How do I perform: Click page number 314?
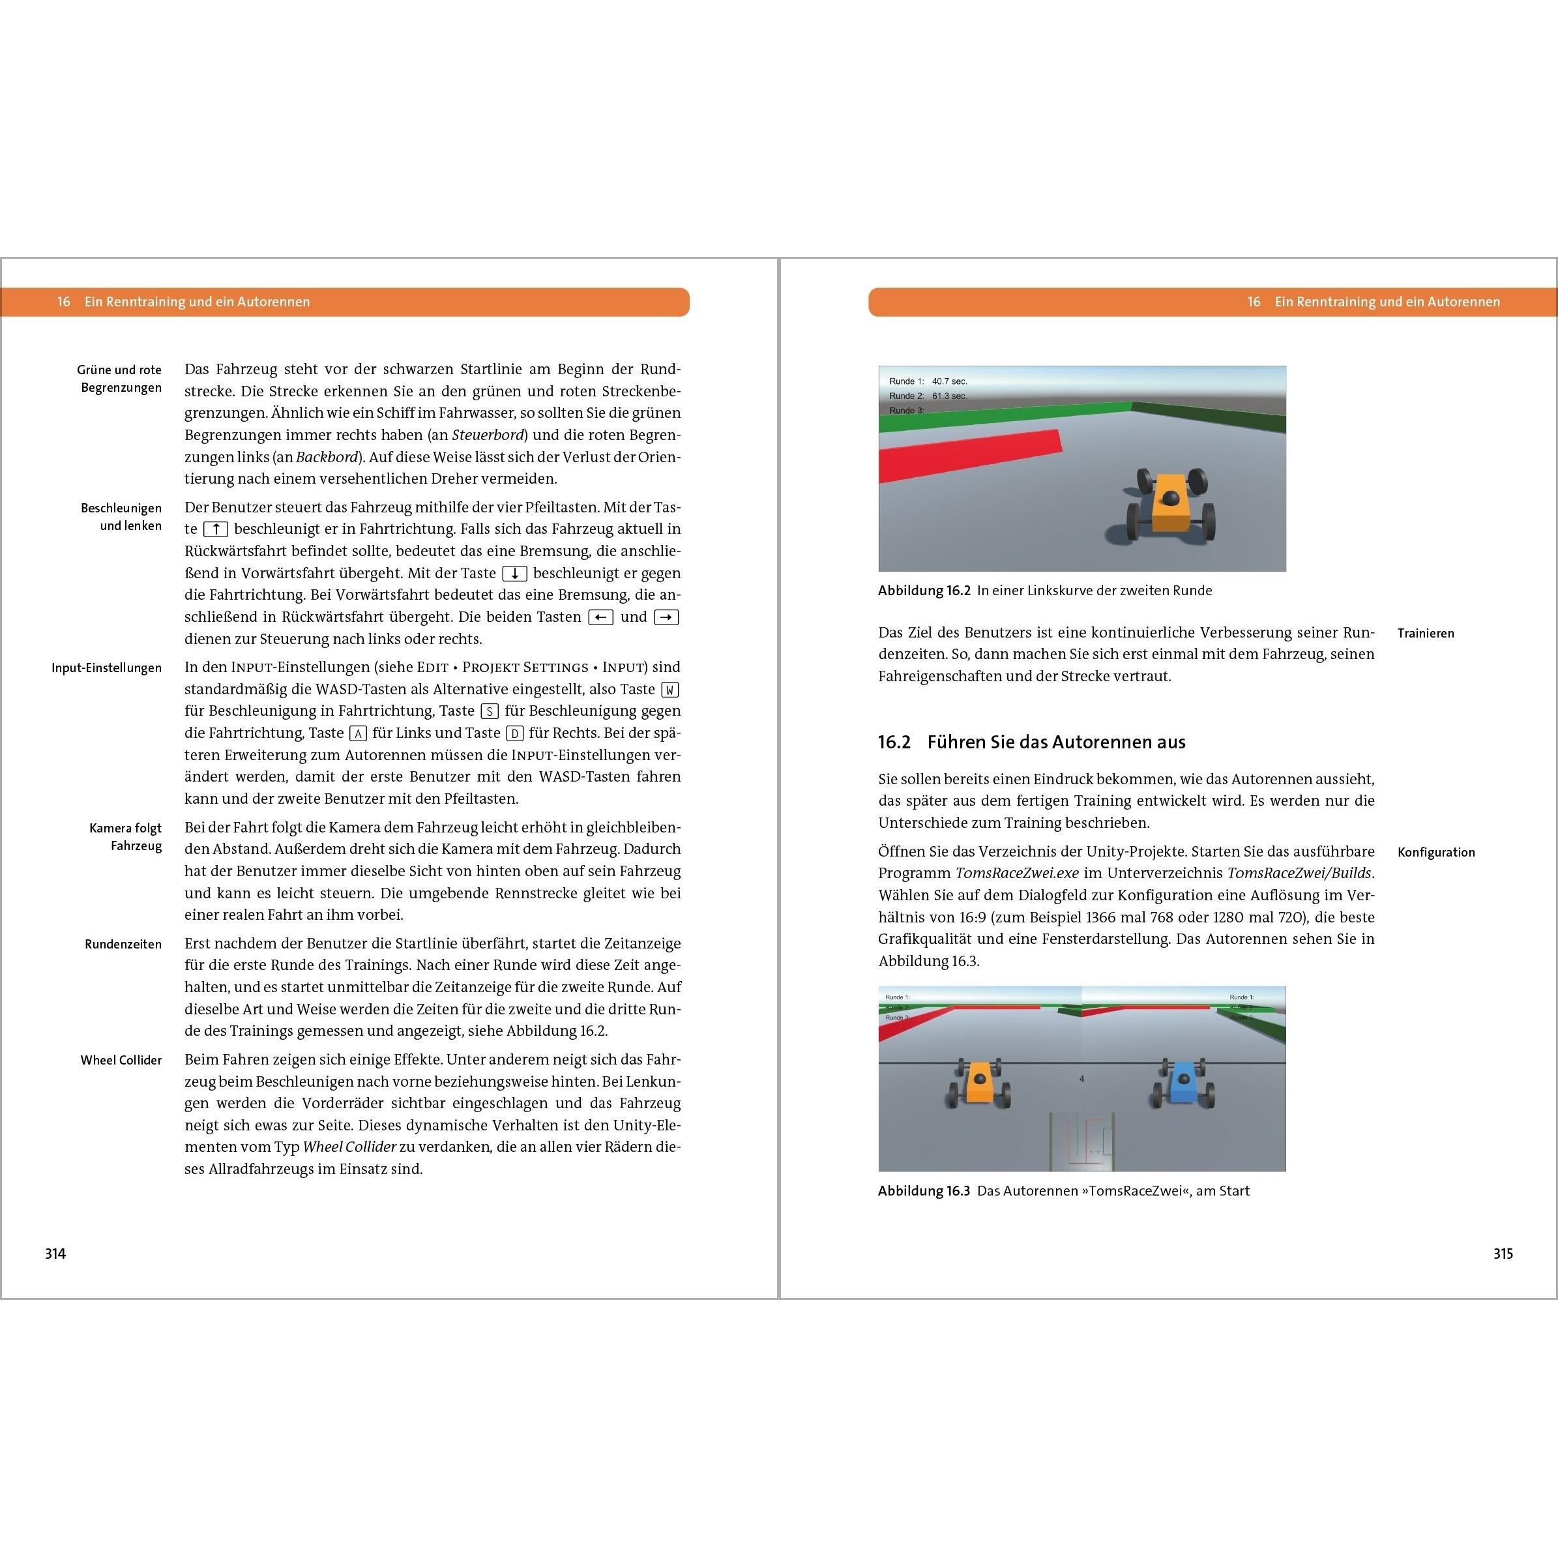click(x=55, y=1253)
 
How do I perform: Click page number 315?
click(x=1503, y=1253)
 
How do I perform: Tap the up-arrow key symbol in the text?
click(x=215, y=529)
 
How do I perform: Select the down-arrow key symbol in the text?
click(x=514, y=574)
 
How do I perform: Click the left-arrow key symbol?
click(x=601, y=617)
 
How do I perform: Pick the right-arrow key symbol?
click(x=666, y=617)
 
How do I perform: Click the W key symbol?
click(x=669, y=690)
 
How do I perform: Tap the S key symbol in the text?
click(x=490, y=711)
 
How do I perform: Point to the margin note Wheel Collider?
click(x=121, y=1059)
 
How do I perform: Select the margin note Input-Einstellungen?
click(x=106, y=668)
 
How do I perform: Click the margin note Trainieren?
click(x=1425, y=633)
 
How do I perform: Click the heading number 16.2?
click(x=894, y=742)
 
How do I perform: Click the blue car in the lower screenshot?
click(x=1183, y=1083)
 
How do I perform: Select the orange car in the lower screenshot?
click(x=978, y=1083)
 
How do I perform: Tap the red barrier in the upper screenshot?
click(x=967, y=456)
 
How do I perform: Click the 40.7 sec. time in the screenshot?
click(x=948, y=381)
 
